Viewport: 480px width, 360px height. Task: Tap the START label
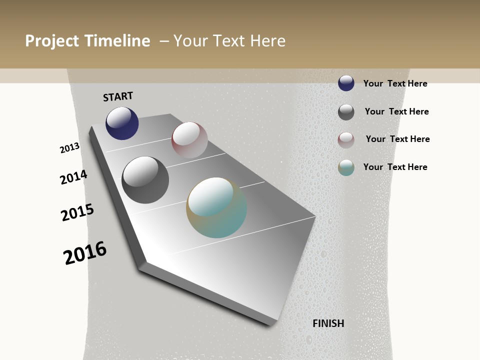118,96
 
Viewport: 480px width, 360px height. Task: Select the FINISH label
328,323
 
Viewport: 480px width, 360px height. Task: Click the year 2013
70,148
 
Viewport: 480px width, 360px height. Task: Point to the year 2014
73,177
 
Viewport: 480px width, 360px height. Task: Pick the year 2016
85,253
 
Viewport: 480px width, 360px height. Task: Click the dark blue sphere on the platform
122,123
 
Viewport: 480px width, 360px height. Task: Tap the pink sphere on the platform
189,140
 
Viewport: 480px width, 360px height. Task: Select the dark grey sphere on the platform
145,180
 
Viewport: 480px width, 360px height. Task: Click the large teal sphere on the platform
216,207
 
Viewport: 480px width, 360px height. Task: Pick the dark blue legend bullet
346,83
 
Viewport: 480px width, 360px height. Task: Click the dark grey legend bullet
346,112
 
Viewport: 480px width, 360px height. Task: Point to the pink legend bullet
346,140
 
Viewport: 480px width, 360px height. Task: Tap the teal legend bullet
346,167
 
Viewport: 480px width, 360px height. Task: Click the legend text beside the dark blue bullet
395,83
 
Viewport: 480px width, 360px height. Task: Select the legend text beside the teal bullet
395,167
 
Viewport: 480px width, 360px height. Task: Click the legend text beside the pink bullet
397,139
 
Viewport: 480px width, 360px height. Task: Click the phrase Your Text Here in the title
229,41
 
